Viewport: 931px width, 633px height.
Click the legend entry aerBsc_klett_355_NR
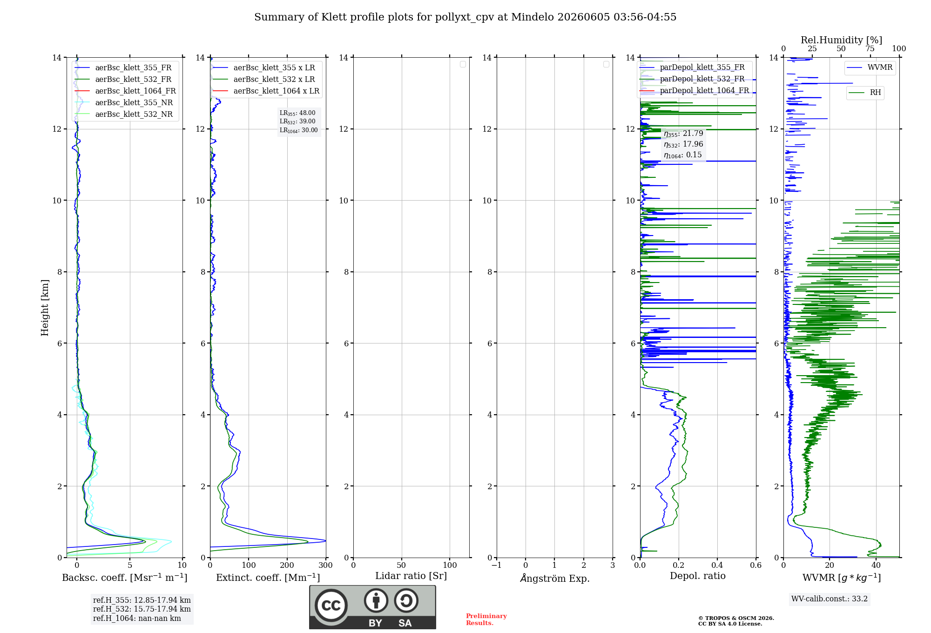coord(124,102)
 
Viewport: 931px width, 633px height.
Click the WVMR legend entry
coord(870,67)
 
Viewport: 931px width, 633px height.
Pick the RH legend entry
coord(865,93)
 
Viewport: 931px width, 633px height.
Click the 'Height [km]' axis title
coord(45,308)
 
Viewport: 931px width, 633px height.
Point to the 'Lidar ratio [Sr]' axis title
coord(411,576)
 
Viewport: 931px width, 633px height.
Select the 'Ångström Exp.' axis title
coord(555,578)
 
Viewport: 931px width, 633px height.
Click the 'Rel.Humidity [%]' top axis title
coord(841,40)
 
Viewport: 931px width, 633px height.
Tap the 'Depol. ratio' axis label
coord(698,576)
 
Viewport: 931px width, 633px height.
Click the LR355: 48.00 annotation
coord(297,113)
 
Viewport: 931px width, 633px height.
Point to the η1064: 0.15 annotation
coord(683,155)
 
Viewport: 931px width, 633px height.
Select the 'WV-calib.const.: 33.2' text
coord(830,599)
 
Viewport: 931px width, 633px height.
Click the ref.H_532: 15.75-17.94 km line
coord(142,609)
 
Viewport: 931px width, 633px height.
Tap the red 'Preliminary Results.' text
coord(486,620)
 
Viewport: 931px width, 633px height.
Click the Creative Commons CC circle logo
coord(331,606)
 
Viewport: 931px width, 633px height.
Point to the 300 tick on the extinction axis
coord(326,566)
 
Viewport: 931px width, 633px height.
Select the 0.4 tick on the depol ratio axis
coord(717,566)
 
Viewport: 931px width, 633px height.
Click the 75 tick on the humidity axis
coord(870,48)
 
